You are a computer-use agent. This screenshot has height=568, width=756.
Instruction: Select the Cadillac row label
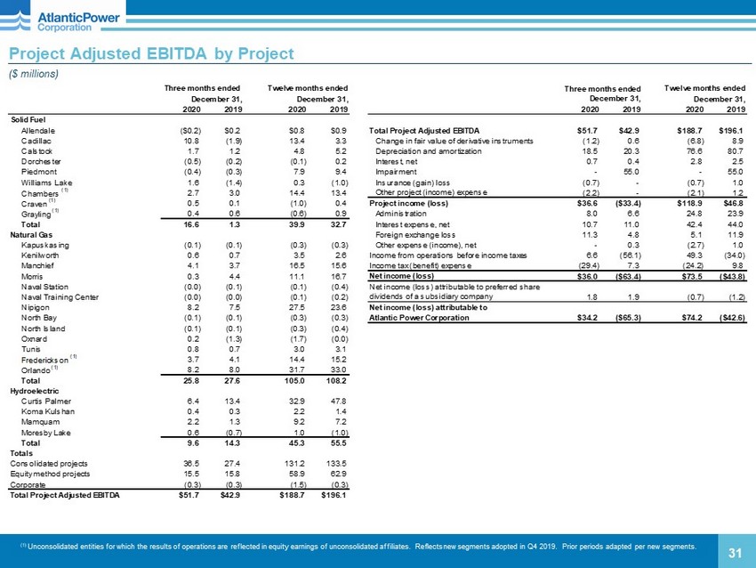pyautogui.click(x=36, y=141)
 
